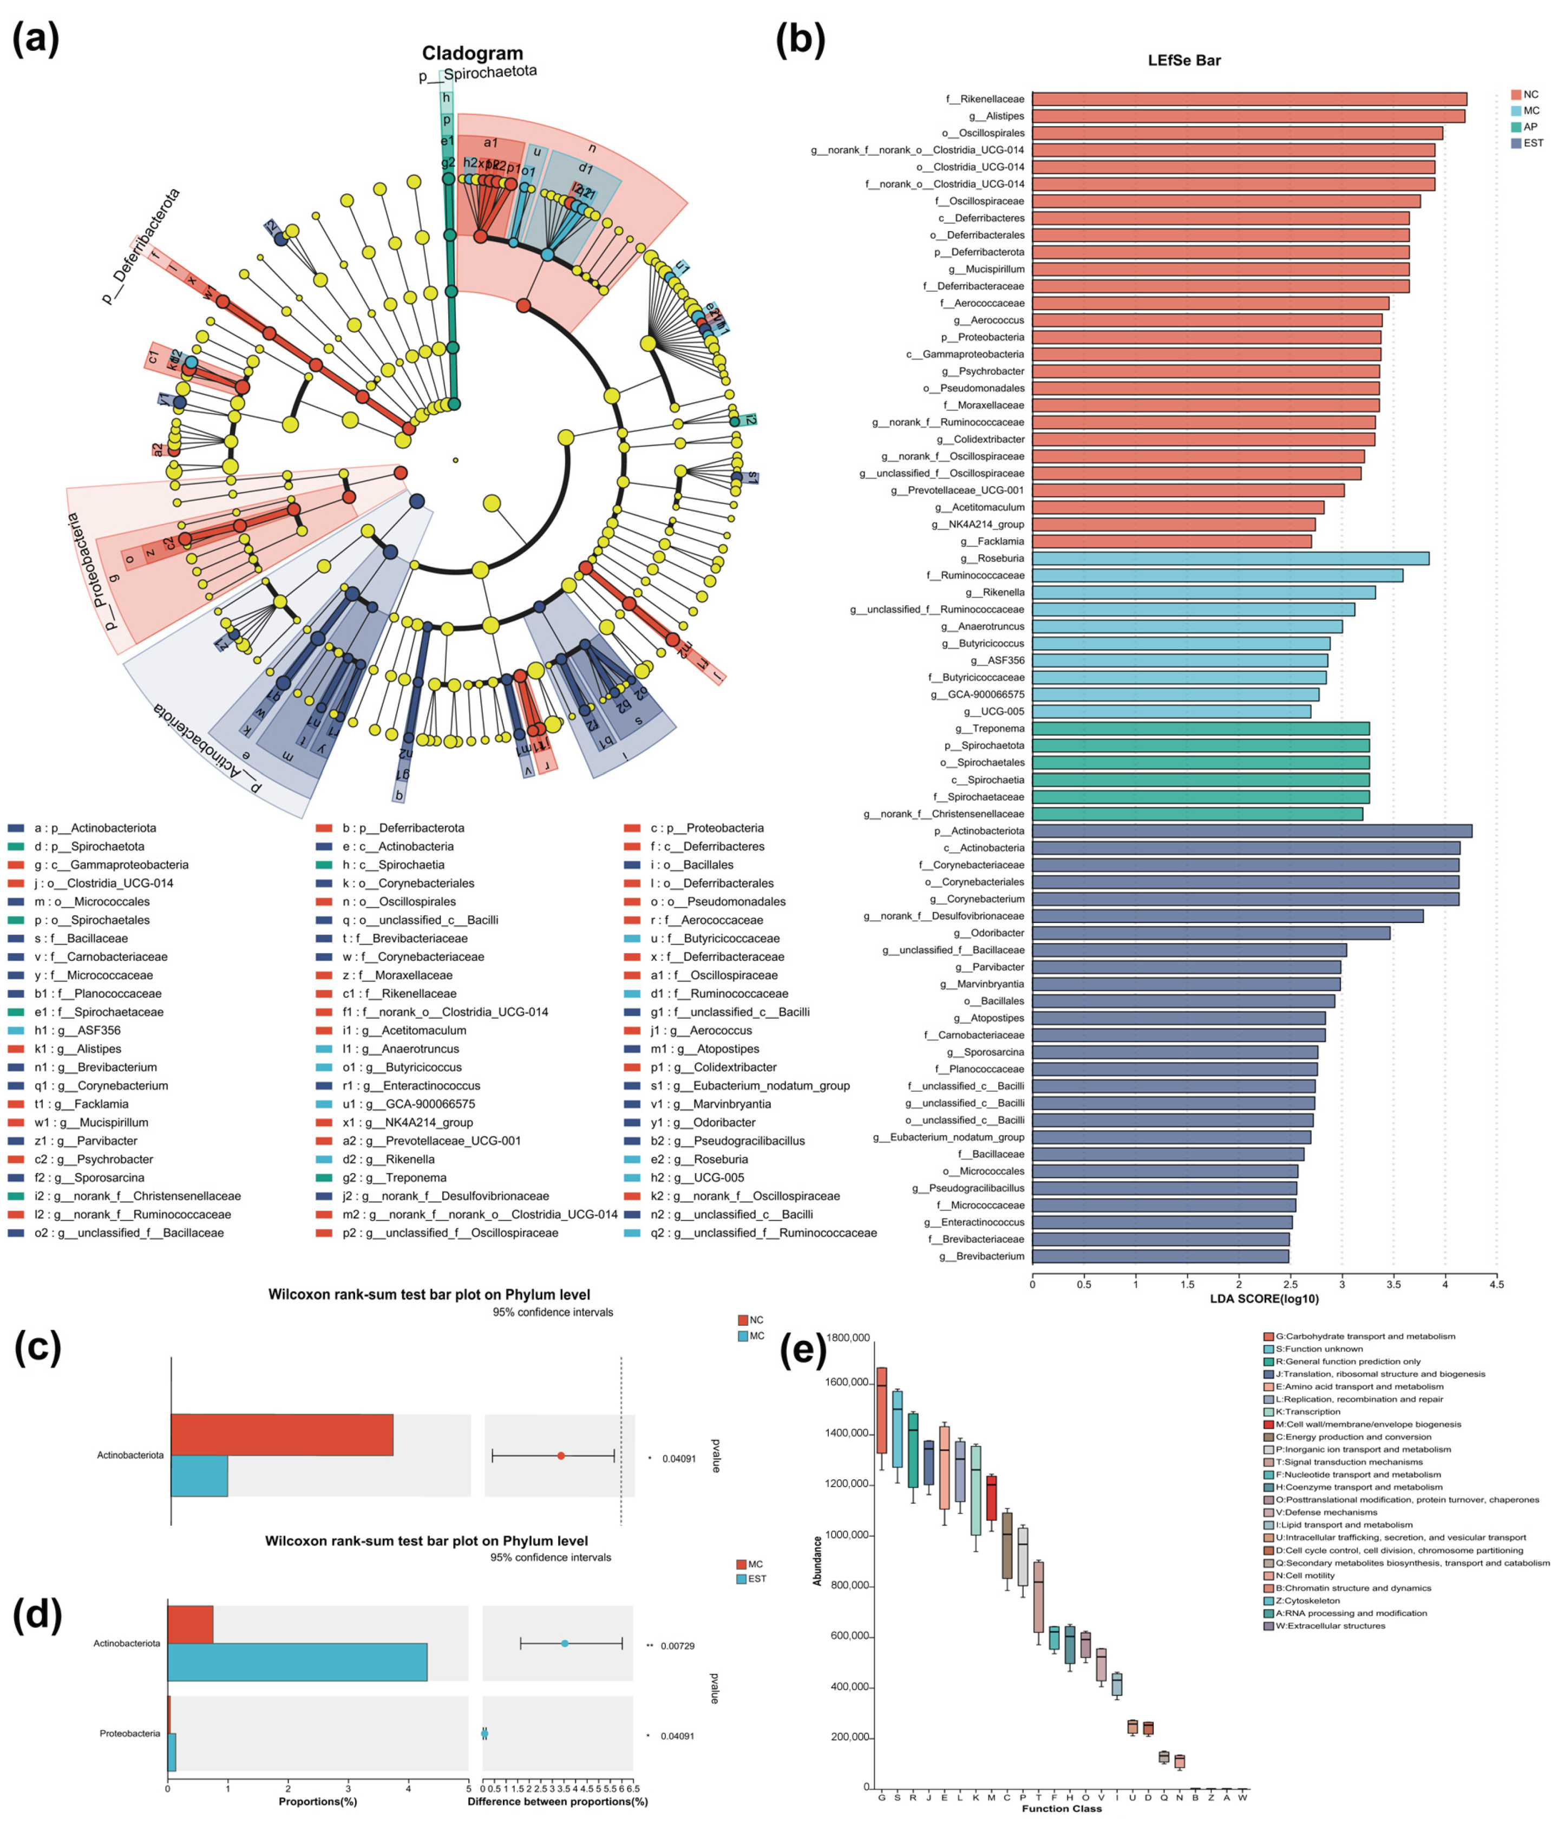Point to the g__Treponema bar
[x=1199, y=728]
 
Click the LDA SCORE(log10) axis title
[x=1264, y=1299]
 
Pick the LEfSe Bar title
[x=1183, y=61]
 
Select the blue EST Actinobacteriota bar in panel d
[x=297, y=1662]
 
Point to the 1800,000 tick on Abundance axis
[x=847, y=1338]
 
